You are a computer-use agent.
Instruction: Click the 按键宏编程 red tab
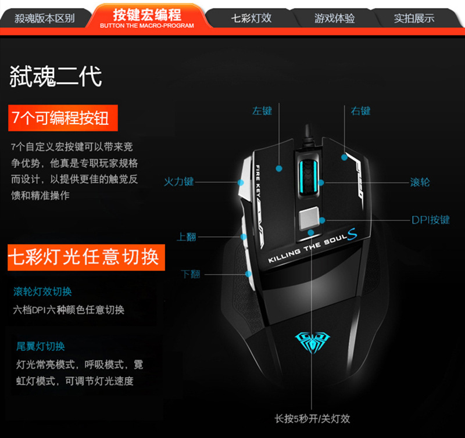[x=146, y=17]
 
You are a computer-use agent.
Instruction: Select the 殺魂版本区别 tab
[x=44, y=18]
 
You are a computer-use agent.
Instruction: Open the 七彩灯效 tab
[x=251, y=18]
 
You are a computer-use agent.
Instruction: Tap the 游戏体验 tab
[x=334, y=18]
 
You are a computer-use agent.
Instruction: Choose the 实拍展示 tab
[x=414, y=18]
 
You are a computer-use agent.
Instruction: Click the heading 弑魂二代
[x=56, y=76]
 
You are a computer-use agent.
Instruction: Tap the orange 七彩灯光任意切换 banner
[x=83, y=257]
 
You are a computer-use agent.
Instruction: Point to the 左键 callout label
[x=262, y=110]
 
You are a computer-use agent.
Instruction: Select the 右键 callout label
[x=360, y=110]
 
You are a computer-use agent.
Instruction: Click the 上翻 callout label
[x=187, y=236]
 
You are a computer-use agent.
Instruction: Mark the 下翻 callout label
[x=190, y=274]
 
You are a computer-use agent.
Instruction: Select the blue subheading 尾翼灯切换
[x=41, y=346]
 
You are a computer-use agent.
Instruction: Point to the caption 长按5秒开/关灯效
[x=312, y=418]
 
